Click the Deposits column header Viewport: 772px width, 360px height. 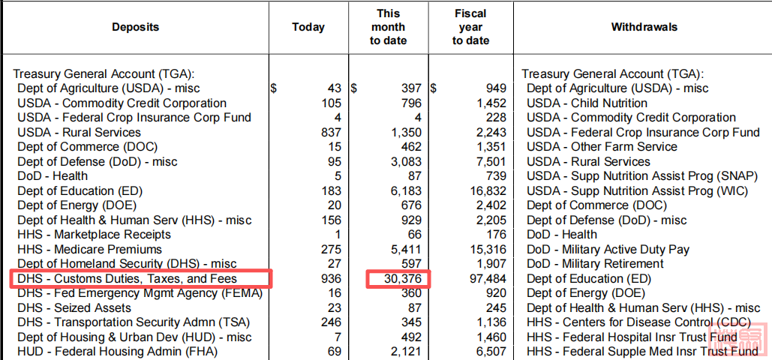click(x=135, y=27)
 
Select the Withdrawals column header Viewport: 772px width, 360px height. click(x=644, y=27)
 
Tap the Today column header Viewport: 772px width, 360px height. click(x=308, y=27)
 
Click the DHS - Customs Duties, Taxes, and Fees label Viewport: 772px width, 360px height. click(x=128, y=279)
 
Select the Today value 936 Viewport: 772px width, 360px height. click(x=331, y=279)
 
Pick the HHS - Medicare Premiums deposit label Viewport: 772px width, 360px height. click(x=89, y=249)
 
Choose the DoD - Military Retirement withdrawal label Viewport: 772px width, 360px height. click(x=595, y=264)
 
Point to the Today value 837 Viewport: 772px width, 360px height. click(x=331, y=133)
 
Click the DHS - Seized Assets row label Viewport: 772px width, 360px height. click(x=74, y=308)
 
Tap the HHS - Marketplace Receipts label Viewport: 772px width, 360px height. click(x=94, y=235)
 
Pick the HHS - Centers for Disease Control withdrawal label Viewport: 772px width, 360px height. click(x=637, y=322)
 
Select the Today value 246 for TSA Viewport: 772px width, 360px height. click(x=331, y=322)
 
